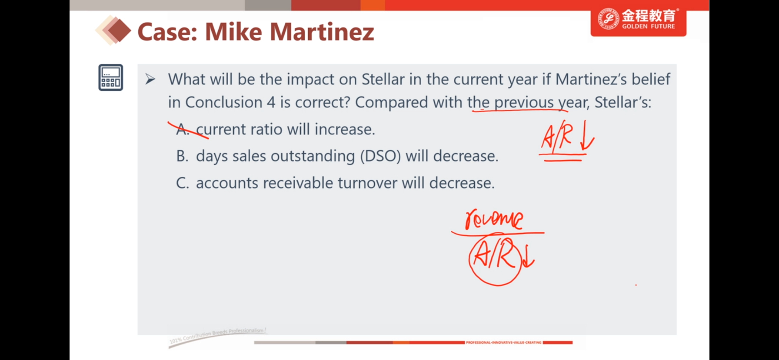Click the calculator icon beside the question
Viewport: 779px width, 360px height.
pos(111,77)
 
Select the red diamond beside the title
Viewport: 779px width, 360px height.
pos(118,30)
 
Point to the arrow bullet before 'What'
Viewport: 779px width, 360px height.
pos(150,79)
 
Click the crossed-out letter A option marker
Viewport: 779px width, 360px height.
pos(183,129)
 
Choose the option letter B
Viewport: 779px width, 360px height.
pos(182,156)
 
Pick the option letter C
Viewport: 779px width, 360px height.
pos(183,183)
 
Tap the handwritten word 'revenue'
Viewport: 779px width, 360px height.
pos(494,219)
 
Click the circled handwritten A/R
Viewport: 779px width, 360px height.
pos(495,259)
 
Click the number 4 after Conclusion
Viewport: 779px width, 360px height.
pos(271,103)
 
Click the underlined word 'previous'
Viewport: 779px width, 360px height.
pos(524,103)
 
